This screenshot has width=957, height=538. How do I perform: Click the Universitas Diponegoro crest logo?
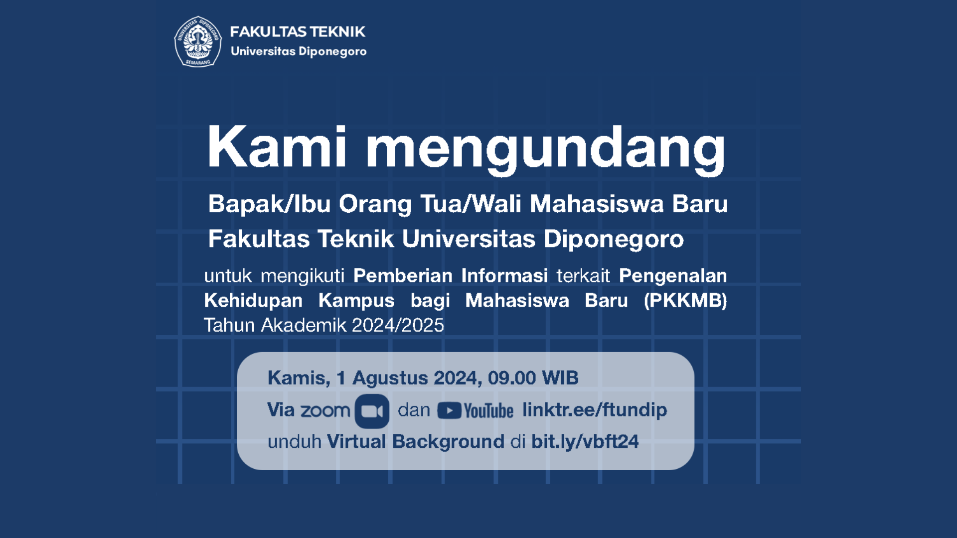[x=198, y=41]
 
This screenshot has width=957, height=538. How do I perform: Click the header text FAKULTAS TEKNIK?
[x=298, y=32]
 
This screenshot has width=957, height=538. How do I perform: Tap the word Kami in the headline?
[x=277, y=146]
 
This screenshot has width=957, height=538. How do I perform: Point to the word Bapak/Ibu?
[x=269, y=204]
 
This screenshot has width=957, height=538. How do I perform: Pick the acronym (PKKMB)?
[x=685, y=300]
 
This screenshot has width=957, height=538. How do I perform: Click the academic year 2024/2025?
[x=398, y=325]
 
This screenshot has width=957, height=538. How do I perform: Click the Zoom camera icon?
[x=372, y=411]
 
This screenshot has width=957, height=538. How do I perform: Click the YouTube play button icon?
[x=449, y=411]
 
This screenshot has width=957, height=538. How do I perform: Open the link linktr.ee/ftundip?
[x=595, y=410]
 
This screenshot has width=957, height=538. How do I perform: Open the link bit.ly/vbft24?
[x=585, y=442]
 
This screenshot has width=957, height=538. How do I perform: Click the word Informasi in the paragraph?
[x=504, y=275]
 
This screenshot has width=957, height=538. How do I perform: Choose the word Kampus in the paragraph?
[x=356, y=301]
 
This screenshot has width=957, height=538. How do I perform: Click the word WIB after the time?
[x=560, y=378]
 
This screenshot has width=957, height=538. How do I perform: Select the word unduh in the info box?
[x=295, y=442]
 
